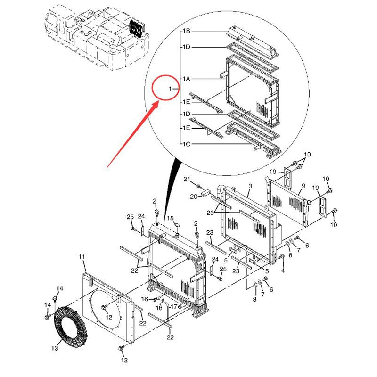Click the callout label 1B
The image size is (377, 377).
(186, 31)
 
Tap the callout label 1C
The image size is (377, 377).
(186, 143)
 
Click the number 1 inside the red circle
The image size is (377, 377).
(171, 89)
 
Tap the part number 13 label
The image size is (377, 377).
(55, 348)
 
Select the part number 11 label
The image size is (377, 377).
(82, 257)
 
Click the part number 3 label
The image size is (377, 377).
(250, 187)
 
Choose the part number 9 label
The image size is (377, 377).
(303, 186)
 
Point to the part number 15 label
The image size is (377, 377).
(171, 218)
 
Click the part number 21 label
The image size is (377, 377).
(187, 180)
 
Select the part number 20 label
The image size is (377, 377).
(193, 197)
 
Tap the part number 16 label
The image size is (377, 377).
(145, 299)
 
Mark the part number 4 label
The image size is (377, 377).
(283, 270)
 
